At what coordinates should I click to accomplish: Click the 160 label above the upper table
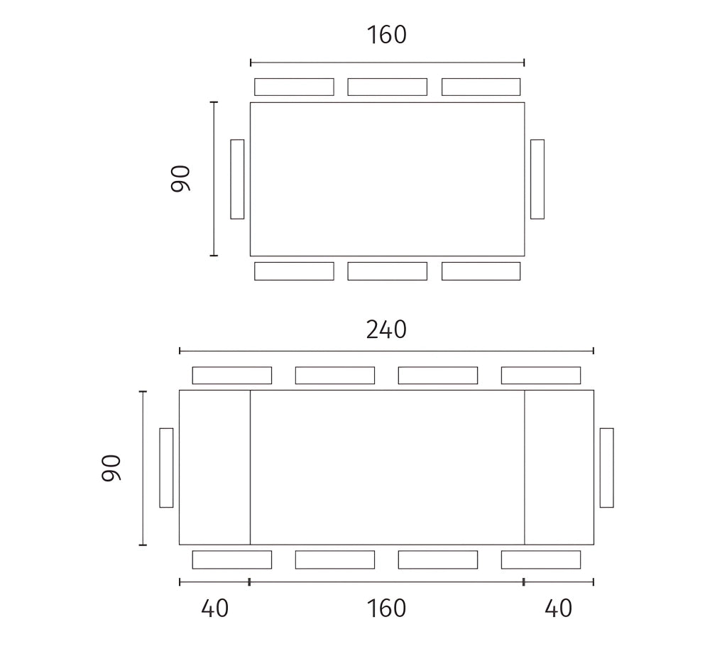coord(387,36)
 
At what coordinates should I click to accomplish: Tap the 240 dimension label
coord(386,329)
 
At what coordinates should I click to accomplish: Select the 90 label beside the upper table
coord(180,178)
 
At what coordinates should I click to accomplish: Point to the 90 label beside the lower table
coord(111,468)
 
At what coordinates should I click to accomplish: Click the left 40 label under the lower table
coord(214,608)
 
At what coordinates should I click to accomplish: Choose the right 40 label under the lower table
coord(558,608)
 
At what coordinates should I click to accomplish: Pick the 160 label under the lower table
coord(386,608)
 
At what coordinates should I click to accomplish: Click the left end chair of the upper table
coord(237,179)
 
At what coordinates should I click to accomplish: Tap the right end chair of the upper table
coord(537,179)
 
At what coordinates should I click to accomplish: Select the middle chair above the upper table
coord(387,87)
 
